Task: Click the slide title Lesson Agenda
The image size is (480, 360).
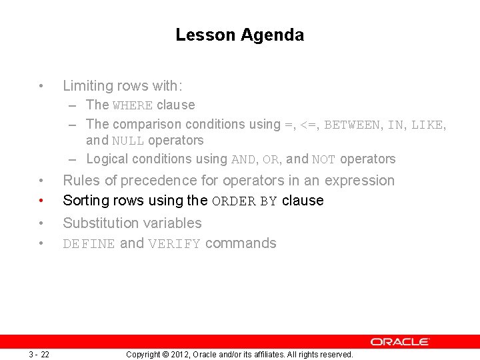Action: point(239,35)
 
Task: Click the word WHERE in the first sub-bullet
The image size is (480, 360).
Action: point(133,105)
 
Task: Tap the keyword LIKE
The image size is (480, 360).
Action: point(427,125)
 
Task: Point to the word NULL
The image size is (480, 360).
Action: point(128,141)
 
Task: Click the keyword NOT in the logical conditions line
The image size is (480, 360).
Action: point(324,159)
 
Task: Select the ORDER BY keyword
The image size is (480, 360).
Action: point(244,201)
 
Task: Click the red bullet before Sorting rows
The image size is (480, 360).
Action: point(41,201)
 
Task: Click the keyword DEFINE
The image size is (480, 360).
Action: point(89,244)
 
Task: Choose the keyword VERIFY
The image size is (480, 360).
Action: point(174,244)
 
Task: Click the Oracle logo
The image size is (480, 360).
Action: point(400,341)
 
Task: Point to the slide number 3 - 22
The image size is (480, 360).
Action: point(39,354)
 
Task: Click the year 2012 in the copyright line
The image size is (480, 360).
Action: point(181,355)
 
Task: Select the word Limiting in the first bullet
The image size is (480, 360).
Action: point(87,86)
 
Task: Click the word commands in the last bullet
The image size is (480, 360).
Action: point(241,243)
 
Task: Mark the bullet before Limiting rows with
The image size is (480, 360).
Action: point(41,86)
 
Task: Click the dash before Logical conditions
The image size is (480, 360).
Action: point(71,159)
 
